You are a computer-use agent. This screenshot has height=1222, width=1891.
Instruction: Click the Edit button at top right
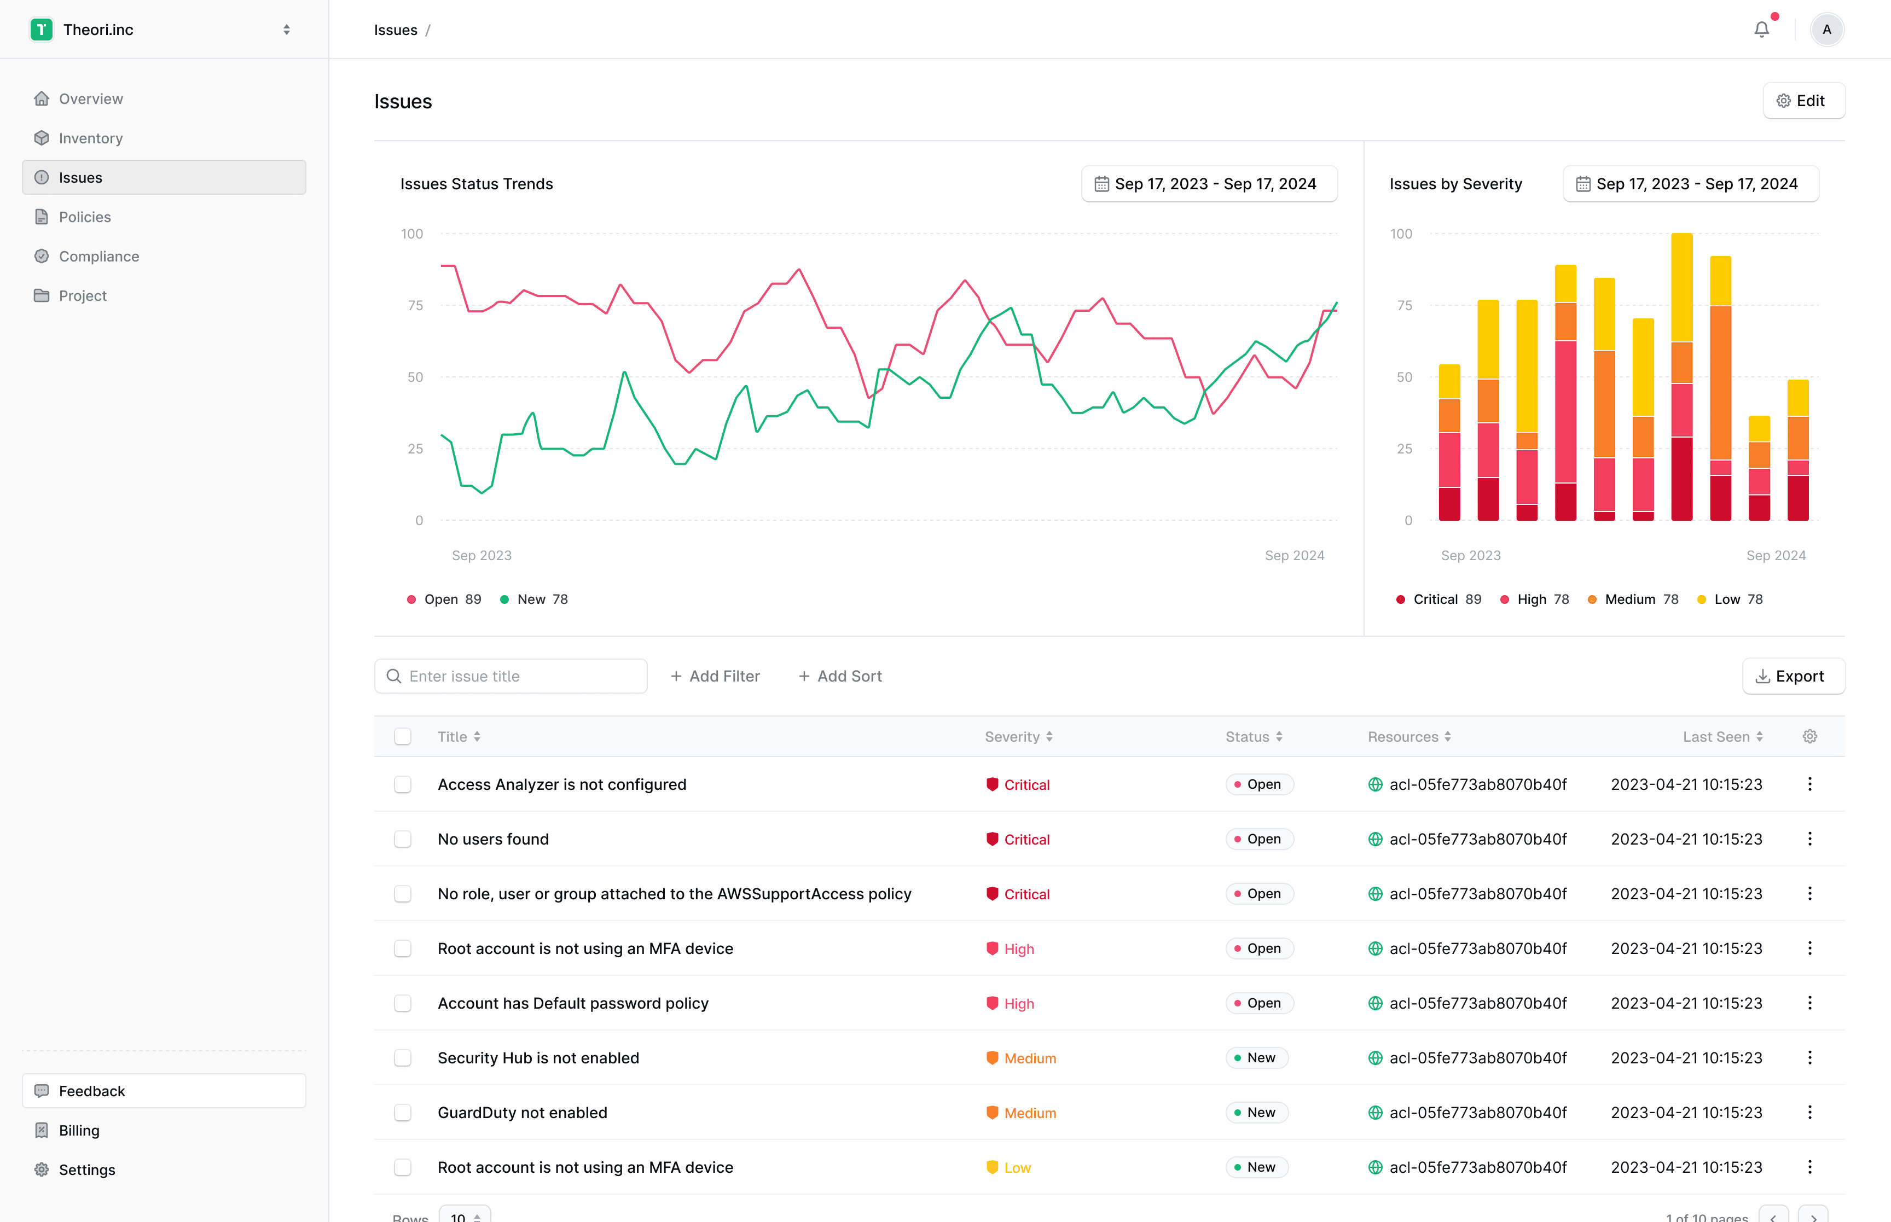click(x=1803, y=101)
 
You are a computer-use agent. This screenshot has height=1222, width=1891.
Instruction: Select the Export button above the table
click(x=1793, y=676)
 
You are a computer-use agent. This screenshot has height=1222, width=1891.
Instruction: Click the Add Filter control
click(x=715, y=676)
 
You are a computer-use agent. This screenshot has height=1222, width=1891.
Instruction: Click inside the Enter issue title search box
click(x=511, y=676)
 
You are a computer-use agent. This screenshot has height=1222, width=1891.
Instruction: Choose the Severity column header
click(x=1019, y=736)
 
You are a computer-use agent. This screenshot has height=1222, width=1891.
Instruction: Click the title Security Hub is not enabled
click(x=538, y=1058)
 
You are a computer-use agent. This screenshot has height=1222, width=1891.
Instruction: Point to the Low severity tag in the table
click(x=1008, y=1167)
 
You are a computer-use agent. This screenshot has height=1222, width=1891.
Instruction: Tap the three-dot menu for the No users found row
click(x=1809, y=839)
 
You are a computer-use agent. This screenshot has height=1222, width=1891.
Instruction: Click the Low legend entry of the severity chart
click(x=1729, y=599)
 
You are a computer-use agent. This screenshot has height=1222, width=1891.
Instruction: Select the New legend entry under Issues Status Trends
click(x=534, y=599)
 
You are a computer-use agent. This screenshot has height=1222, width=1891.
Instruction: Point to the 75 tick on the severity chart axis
click(x=1404, y=305)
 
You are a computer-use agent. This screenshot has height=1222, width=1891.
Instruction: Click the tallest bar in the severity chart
click(x=1681, y=377)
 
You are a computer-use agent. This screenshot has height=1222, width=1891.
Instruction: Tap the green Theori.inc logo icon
click(x=41, y=30)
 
